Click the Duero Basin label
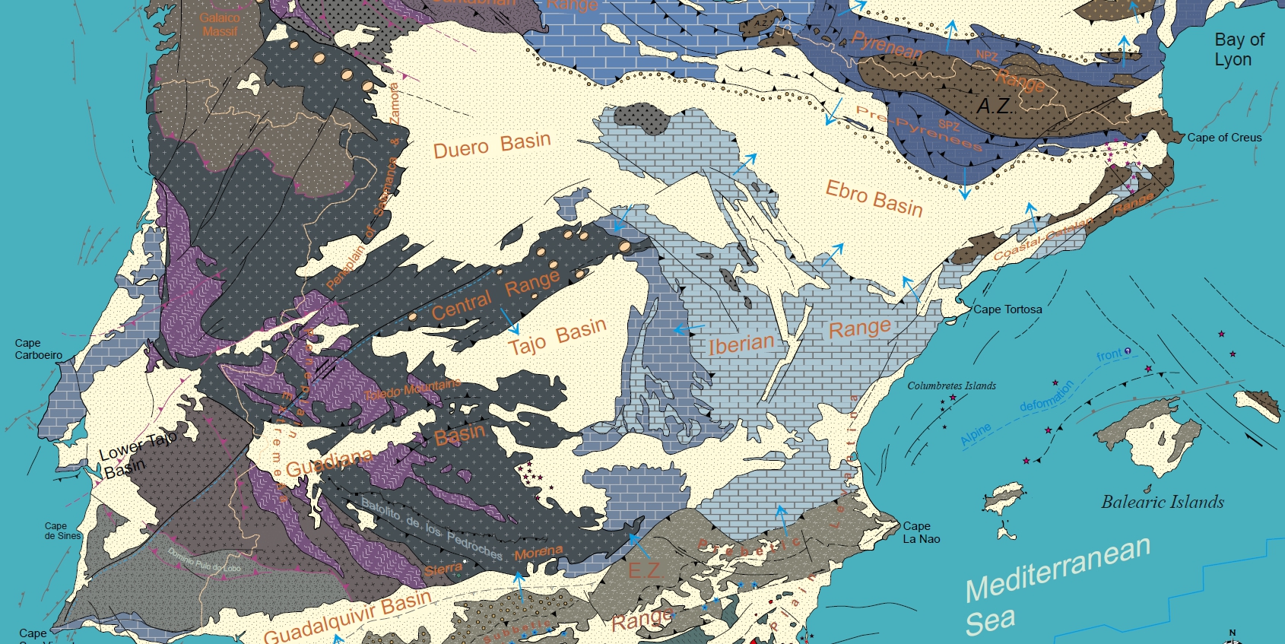coord(492,144)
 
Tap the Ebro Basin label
coord(874,198)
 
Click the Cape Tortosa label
coord(1007,309)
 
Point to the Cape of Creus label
coord(1224,138)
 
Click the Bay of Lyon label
coord(1239,49)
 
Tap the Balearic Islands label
coord(1163,502)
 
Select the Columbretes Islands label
coord(951,385)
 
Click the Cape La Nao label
coord(922,532)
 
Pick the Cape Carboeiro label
coord(39,349)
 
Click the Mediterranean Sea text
coord(1057,585)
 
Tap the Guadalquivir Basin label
coord(347,617)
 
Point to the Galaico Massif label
coord(220,24)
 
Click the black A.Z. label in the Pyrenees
coord(993,106)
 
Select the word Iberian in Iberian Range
coord(741,344)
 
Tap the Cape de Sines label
coord(62,531)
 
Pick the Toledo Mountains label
coord(413,390)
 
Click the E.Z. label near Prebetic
coord(643,569)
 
